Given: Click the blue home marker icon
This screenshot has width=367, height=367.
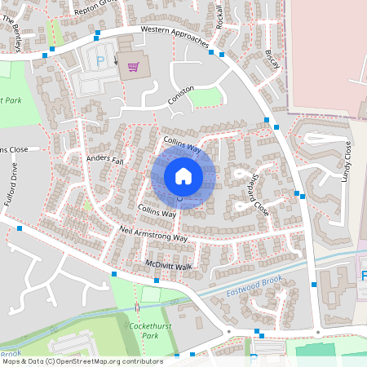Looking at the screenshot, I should [x=183, y=175].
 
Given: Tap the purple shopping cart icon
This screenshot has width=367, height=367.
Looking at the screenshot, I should [x=132, y=67].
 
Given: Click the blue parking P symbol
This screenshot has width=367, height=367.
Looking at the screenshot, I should [x=101, y=60].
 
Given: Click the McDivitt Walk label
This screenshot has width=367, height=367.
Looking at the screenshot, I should [x=168, y=266].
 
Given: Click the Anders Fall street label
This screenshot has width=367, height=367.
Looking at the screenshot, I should [x=104, y=159].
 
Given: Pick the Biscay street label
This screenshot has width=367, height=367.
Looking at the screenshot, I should [x=272, y=58].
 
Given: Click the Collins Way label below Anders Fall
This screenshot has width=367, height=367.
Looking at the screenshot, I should [x=157, y=211].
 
